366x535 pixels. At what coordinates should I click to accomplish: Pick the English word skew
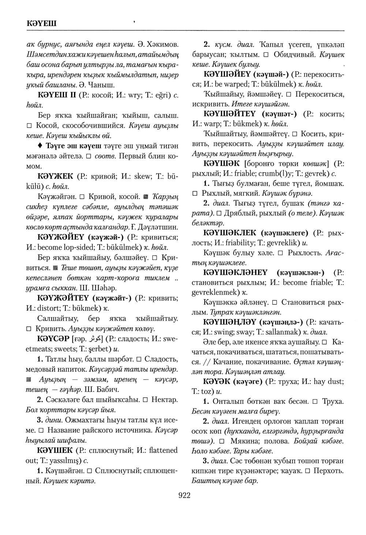click(142, 176)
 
